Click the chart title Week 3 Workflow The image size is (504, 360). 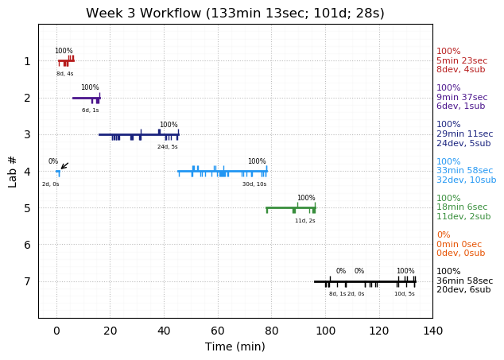coord(235,14)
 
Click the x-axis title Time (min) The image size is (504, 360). coord(235,346)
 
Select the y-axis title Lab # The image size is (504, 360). coord(13,171)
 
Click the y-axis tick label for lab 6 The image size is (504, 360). coord(27,245)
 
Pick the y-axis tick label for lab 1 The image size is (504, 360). coord(27,61)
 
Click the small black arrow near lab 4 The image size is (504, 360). coord(64,166)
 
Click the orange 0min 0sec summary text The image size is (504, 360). coord(459,245)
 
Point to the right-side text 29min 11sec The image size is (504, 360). coord(464,134)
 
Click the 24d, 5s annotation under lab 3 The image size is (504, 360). coord(168,147)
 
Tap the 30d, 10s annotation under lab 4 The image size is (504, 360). coord(254,184)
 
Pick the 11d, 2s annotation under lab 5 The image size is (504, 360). coord(305,221)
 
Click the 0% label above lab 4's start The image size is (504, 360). coord(53,161)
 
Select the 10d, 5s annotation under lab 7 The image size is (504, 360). coord(405,294)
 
